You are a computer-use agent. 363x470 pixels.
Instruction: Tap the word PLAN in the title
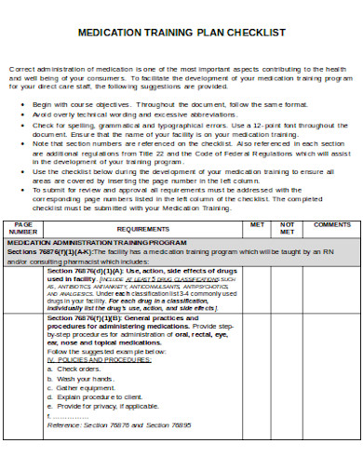coord(198,32)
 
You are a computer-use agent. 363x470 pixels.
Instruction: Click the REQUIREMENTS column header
coord(148,228)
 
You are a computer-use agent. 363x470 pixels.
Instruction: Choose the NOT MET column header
coord(288,228)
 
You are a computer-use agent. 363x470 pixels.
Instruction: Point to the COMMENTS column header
coord(331,224)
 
